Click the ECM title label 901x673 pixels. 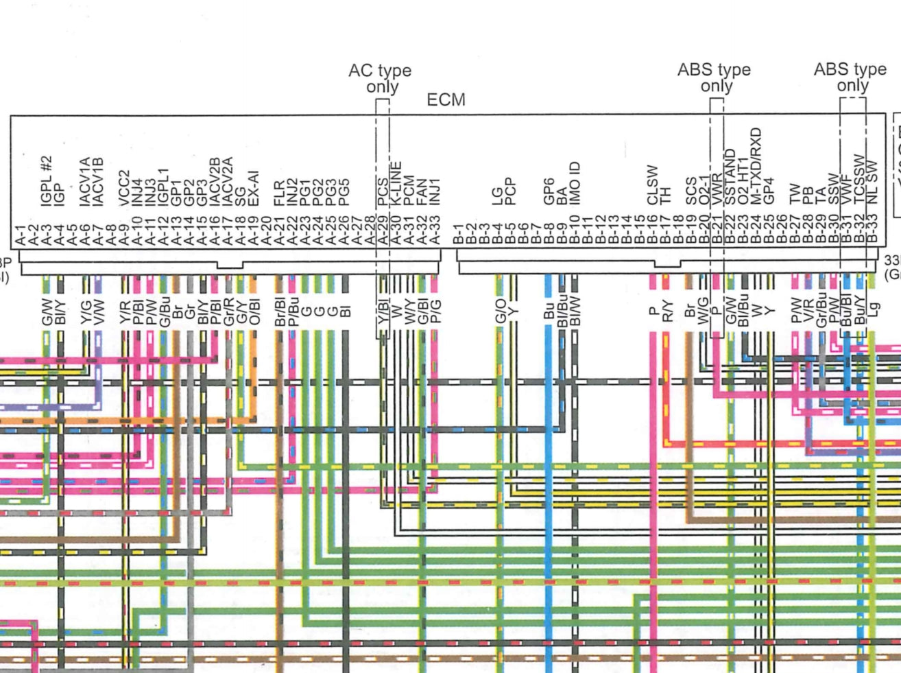tap(446, 100)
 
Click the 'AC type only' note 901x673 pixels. tap(380, 78)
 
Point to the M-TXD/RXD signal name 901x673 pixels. tap(756, 166)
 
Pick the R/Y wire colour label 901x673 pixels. tap(666, 310)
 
